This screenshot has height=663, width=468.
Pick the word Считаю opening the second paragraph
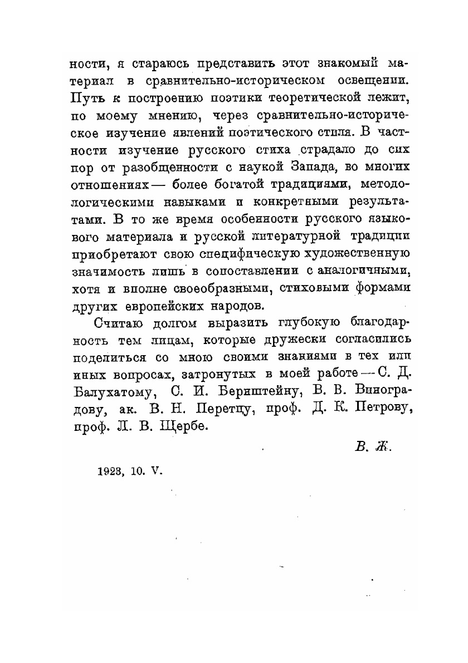click(115, 322)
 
